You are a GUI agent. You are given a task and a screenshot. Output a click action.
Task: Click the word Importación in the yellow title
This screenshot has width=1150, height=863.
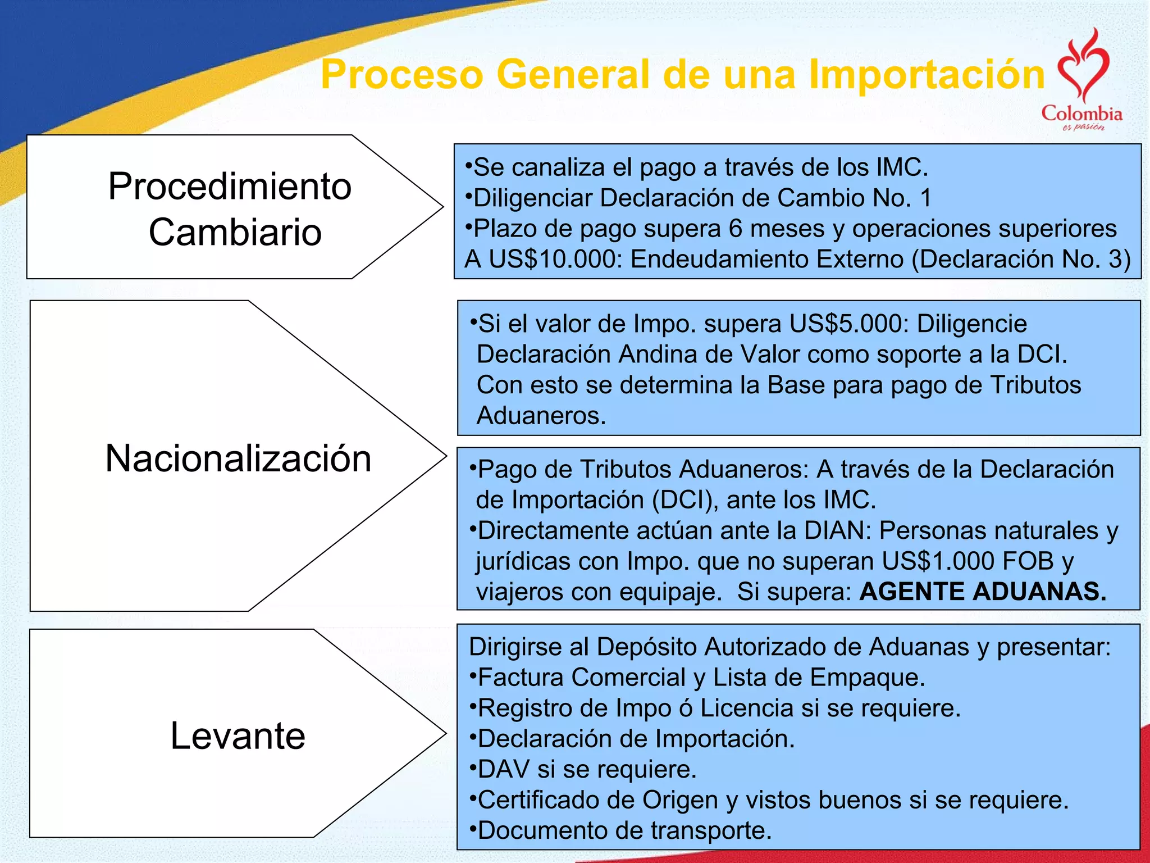point(927,75)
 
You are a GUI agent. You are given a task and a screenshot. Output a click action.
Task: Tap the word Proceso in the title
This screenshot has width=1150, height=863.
point(402,75)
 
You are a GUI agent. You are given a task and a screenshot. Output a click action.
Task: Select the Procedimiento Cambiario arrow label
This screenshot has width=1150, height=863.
point(230,208)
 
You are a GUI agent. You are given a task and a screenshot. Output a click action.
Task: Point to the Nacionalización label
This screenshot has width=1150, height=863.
point(238,458)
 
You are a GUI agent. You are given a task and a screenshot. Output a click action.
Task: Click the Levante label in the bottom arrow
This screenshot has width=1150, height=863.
point(238,735)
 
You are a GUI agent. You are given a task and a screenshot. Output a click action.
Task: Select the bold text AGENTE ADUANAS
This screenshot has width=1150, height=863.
point(983,592)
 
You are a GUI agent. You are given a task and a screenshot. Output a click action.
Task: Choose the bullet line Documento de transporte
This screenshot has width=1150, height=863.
point(623,830)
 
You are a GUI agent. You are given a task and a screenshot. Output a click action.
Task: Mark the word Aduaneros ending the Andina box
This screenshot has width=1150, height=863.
point(540,416)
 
